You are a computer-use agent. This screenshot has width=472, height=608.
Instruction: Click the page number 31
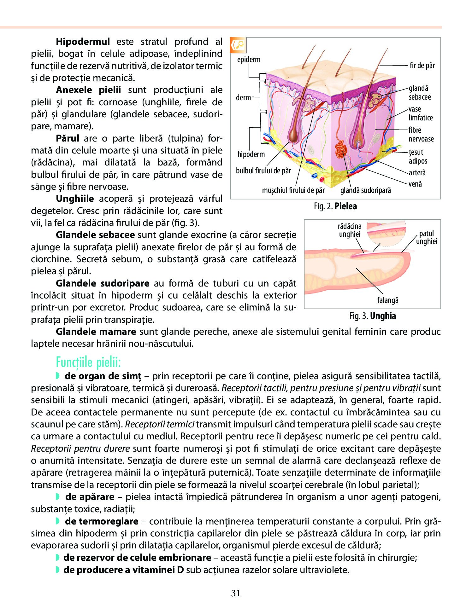click(x=236, y=593)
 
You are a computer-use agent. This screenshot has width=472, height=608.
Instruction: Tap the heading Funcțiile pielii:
click(x=88, y=362)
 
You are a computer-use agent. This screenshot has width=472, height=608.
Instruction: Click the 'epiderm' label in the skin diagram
click(x=249, y=60)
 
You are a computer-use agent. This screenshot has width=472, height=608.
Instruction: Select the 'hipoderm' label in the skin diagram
click(x=251, y=154)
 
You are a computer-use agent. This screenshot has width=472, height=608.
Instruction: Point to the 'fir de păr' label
click(x=422, y=66)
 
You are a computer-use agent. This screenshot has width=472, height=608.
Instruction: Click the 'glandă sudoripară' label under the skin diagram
click(x=365, y=190)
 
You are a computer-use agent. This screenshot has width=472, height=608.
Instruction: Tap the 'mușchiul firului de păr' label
click(x=293, y=190)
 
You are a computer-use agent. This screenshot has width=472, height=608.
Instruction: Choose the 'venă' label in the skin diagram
click(x=415, y=184)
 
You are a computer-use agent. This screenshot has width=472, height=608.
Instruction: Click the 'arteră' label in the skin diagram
click(x=417, y=172)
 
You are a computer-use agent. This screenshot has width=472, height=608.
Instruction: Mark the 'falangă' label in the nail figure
click(x=387, y=300)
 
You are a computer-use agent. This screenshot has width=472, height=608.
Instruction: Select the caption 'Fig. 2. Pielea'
click(x=335, y=206)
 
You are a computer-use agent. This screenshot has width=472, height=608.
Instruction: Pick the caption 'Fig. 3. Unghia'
click(x=372, y=316)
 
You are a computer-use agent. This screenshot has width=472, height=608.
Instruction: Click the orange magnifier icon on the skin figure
click(x=238, y=45)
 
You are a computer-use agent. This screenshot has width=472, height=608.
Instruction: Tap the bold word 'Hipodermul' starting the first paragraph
click(x=83, y=42)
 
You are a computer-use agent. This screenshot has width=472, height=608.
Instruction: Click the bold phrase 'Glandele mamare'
click(x=96, y=332)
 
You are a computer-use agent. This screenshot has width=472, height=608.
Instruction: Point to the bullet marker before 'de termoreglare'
click(x=57, y=521)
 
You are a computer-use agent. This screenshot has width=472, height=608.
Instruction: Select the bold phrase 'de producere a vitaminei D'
click(x=123, y=570)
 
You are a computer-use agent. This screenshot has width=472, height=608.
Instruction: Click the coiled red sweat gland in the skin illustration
click(x=341, y=148)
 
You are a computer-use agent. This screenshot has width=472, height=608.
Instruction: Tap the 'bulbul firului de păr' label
click(x=263, y=171)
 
